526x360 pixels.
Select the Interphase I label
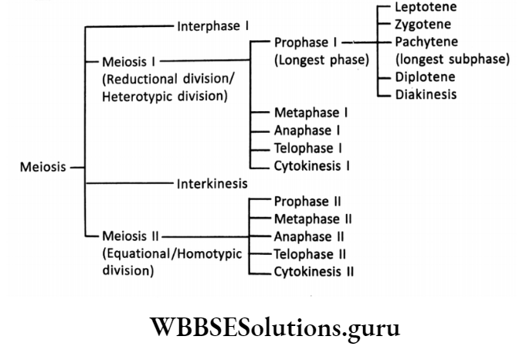coord(212,25)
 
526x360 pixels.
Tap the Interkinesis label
coord(212,184)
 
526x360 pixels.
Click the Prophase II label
coord(307,202)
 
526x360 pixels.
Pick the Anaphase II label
coord(309,236)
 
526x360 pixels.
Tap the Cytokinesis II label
coord(314,271)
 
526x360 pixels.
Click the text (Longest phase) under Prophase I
coord(321,59)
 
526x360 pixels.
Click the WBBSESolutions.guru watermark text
coord(263,328)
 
